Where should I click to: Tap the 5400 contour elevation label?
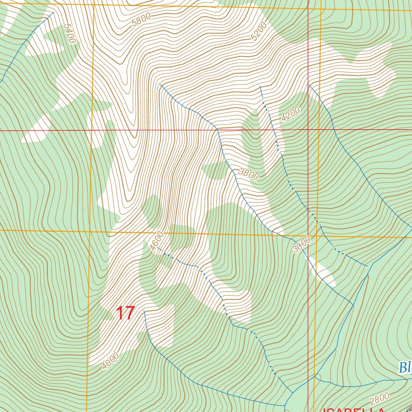tap(69, 34)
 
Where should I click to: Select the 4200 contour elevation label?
tap(290, 114)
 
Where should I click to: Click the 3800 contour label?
tap(248, 174)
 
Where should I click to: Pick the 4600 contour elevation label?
tap(157, 241)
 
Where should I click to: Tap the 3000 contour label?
tap(302, 245)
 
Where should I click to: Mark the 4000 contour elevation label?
tap(110, 361)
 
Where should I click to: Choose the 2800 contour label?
tap(379, 399)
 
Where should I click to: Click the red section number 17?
tap(125, 313)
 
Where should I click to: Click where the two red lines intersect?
tap(308, 130)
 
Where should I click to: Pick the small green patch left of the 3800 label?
tap(216, 170)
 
